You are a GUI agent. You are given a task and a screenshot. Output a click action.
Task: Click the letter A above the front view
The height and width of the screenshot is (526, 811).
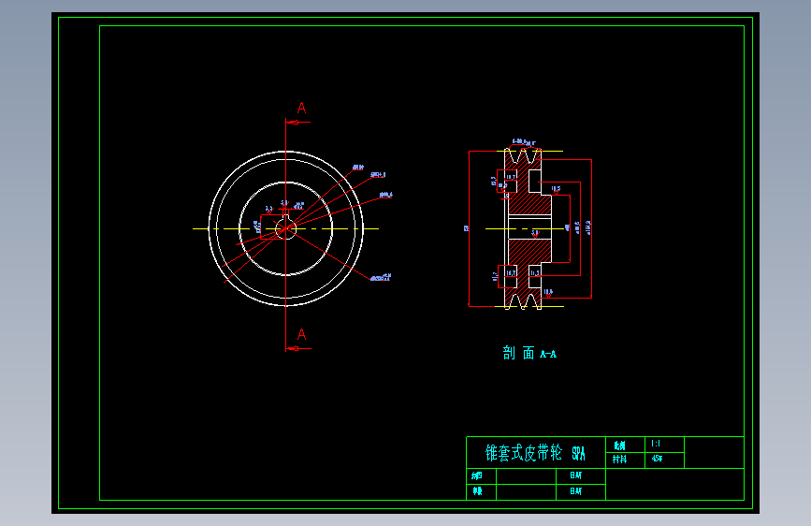click(301, 109)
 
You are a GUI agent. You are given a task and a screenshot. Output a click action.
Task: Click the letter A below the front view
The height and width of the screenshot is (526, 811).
click(301, 334)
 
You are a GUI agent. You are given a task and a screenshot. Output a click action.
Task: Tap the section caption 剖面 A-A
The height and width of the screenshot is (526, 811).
click(529, 353)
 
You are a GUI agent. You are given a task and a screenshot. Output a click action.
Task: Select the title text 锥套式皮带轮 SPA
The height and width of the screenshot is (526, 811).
click(535, 453)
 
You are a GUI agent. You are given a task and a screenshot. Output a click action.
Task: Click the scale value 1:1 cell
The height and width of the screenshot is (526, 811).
click(655, 444)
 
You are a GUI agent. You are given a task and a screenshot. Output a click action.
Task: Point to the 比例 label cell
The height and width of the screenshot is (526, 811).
click(618, 445)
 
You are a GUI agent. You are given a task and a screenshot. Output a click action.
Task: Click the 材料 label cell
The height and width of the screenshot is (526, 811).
click(618, 460)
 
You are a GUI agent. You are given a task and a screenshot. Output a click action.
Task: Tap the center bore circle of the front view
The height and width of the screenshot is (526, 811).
click(285, 228)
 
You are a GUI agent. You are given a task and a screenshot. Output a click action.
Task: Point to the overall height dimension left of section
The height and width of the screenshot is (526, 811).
click(466, 227)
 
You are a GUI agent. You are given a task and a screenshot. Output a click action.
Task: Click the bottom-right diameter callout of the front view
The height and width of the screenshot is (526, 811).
click(380, 278)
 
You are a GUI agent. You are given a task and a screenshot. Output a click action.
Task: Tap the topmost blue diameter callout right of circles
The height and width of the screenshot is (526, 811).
click(357, 168)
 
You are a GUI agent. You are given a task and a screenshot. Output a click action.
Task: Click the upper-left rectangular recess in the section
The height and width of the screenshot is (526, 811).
click(511, 177)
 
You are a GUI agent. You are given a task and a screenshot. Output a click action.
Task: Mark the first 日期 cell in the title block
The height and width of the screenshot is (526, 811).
click(574, 475)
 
